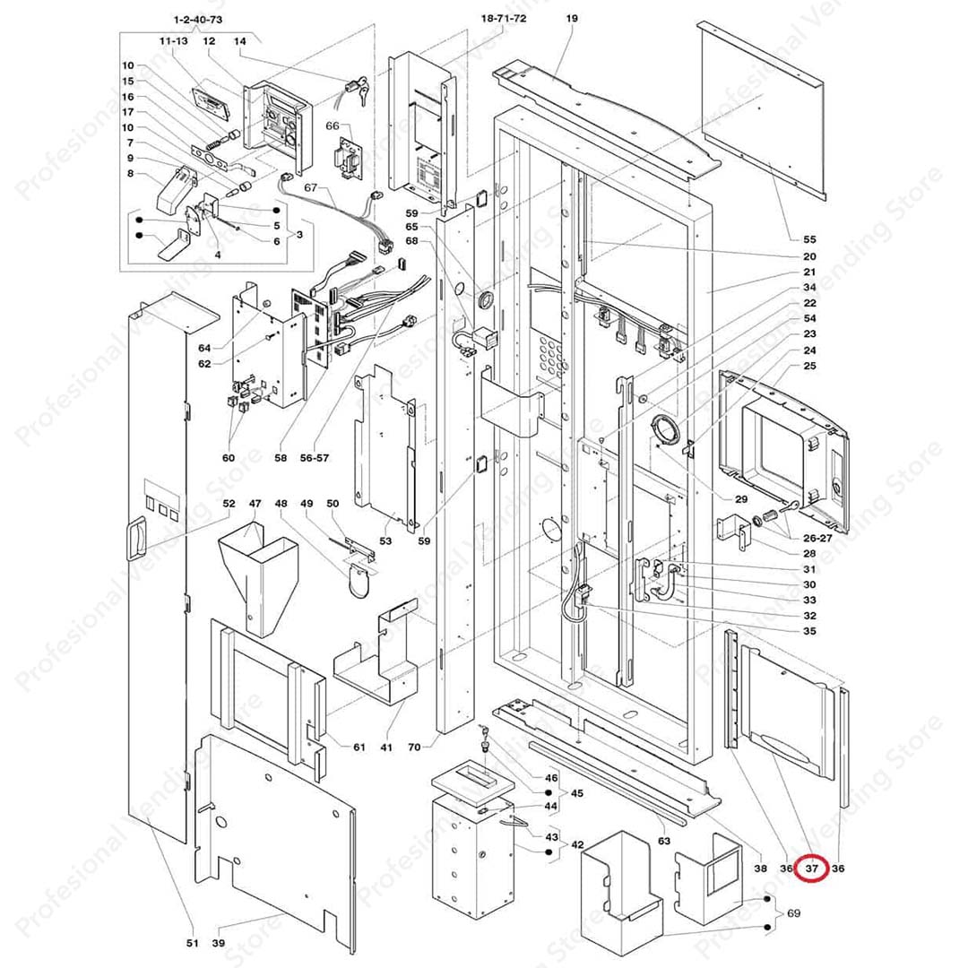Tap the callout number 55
pyautogui.click(x=809, y=239)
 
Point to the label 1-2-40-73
pyautogui.click(x=197, y=19)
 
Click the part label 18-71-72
pyautogui.click(x=503, y=18)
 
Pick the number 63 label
pyautogui.click(x=664, y=841)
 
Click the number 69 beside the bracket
pyautogui.click(x=793, y=912)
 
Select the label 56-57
pyautogui.click(x=315, y=457)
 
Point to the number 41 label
pyautogui.click(x=386, y=747)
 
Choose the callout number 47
pyautogui.click(x=255, y=504)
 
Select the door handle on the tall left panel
pyautogui.click(x=135, y=539)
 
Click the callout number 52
pyautogui.click(x=229, y=504)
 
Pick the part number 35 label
pyautogui.click(x=809, y=631)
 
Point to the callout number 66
pyautogui.click(x=332, y=126)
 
